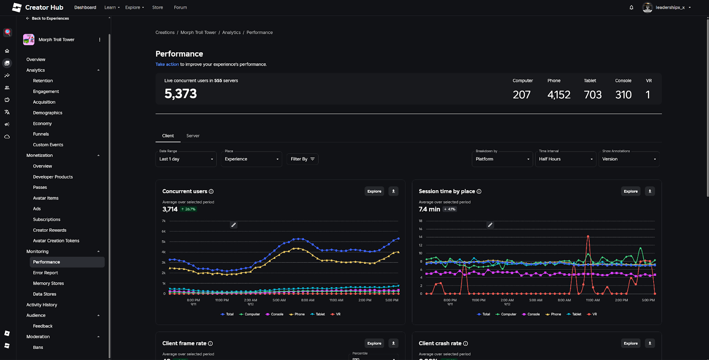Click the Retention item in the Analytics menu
tap(43, 81)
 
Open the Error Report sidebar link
tap(46, 273)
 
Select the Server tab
tap(193, 136)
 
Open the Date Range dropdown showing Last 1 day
tap(186, 159)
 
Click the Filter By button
tap(302, 159)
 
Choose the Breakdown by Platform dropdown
tap(502, 159)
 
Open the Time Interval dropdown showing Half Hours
tap(565, 159)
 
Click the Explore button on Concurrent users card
tap(374, 191)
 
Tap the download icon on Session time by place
tap(650, 191)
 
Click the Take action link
tap(167, 64)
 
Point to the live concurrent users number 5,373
tap(180, 94)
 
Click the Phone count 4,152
tap(559, 94)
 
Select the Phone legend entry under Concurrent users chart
tap(297, 314)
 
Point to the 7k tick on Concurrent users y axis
tap(164, 221)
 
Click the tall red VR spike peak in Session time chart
tap(588, 236)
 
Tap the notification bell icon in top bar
tap(631, 8)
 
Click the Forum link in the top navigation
tap(180, 8)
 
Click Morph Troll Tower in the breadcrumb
tap(198, 32)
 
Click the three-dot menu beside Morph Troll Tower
tap(100, 39)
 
